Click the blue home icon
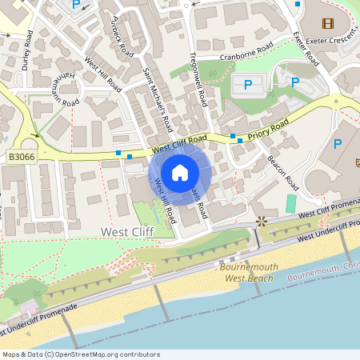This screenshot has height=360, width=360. tap(180, 172)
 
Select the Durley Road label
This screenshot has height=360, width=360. tap(27, 52)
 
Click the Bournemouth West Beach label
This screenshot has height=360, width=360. tap(249, 272)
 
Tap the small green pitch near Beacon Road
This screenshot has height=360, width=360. tap(290, 203)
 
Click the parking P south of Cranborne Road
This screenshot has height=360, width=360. tap(247, 83)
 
